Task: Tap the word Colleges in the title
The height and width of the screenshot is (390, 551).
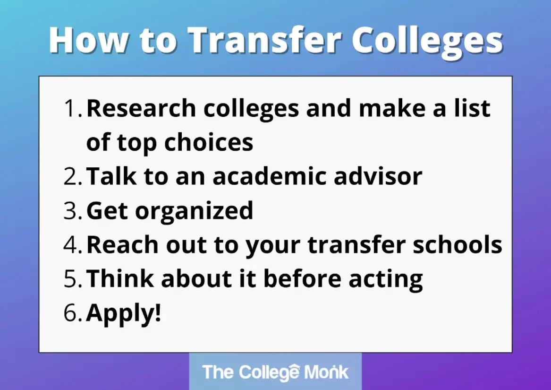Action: click(427, 42)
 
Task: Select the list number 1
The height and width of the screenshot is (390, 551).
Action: click(73, 108)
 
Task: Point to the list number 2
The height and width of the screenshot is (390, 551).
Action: click(73, 176)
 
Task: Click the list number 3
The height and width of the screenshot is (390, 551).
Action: click(73, 210)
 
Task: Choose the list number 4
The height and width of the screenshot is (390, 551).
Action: click(73, 244)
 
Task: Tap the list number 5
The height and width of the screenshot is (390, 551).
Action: click(73, 278)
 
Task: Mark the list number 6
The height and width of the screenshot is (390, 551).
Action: click(73, 312)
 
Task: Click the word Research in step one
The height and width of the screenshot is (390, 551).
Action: click(141, 108)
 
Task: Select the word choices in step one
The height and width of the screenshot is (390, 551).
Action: click(209, 142)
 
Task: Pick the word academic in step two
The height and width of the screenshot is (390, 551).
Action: click(269, 176)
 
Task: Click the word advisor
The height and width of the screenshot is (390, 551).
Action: click(378, 176)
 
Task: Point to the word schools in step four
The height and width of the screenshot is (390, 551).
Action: click(458, 244)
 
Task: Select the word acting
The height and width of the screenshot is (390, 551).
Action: click(386, 279)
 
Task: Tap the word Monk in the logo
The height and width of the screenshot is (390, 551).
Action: click(326, 372)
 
